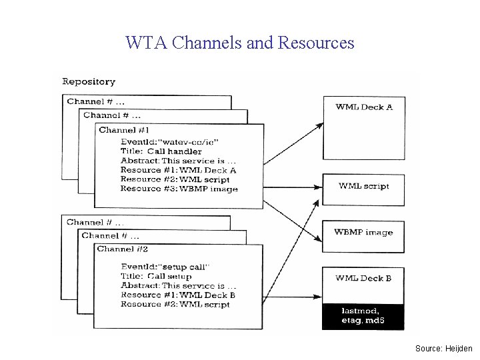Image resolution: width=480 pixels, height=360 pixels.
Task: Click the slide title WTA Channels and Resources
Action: [x=239, y=43]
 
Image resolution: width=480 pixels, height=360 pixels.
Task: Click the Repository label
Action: [x=89, y=82]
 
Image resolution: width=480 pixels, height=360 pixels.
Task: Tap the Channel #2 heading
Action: [x=122, y=249]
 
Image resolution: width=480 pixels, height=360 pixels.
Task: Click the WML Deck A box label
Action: [x=363, y=107]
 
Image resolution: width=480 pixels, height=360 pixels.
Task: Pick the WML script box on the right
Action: [x=363, y=186]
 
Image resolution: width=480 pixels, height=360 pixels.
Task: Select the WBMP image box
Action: [x=363, y=233]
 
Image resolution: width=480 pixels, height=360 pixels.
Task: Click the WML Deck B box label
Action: [x=363, y=278]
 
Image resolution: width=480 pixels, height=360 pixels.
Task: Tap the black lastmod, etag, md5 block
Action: [x=363, y=316]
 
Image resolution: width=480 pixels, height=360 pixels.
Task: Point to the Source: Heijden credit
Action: [x=443, y=349]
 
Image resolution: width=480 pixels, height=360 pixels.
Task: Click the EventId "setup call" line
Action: [x=165, y=267]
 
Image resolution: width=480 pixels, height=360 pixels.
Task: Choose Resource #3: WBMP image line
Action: [x=179, y=189]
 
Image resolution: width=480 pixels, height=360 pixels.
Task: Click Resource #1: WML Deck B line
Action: [x=177, y=295]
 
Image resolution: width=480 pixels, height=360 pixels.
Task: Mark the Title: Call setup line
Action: [x=156, y=276]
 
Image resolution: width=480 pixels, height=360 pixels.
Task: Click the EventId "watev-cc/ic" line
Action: [x=169, y=141]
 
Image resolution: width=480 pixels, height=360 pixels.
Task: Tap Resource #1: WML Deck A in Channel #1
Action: [x=178, y=170]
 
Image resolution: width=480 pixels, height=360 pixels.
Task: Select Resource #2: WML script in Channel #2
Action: [x=175, y=304]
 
